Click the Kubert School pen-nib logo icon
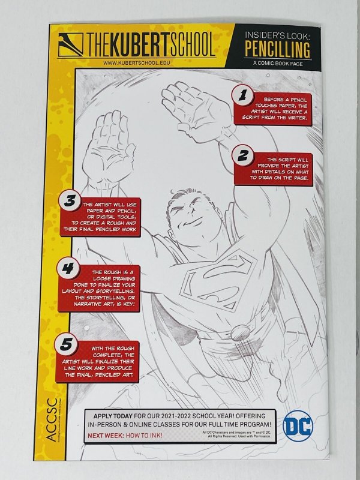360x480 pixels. (71, 43)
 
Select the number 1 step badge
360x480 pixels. (243, 95)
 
